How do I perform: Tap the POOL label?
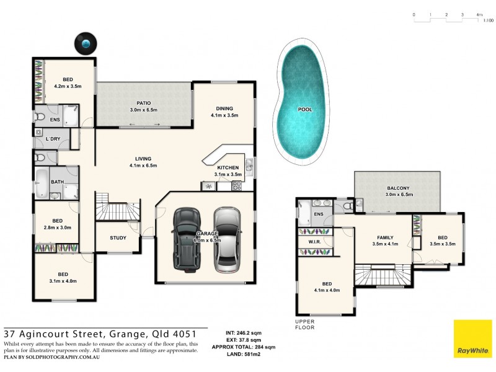point(305,109)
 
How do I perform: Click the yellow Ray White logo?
point(472,339)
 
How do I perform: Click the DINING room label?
point(224,107)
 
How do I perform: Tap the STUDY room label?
point(118,237)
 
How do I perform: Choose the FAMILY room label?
point(383,237)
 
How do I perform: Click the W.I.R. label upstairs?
point(314,241)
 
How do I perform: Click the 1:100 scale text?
point(488,20)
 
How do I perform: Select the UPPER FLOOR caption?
point(305,324)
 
